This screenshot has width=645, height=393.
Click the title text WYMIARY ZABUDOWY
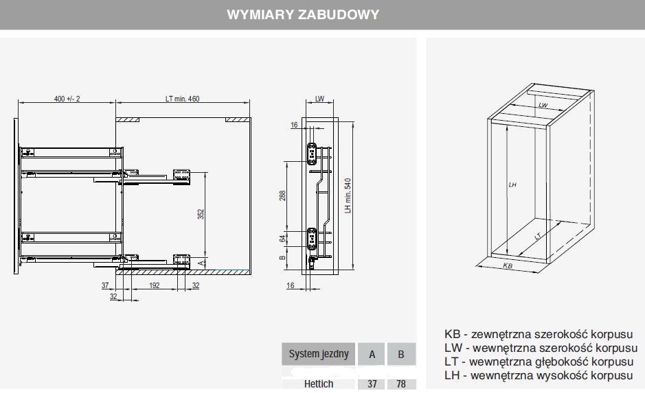(303, 14)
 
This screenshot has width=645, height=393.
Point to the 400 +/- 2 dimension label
(67, 99)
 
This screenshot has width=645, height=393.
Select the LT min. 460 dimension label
(182, 99)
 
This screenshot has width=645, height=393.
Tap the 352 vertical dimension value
(201, 214)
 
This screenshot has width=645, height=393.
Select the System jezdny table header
(319, 355)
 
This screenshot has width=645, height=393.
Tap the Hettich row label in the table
(319, 385)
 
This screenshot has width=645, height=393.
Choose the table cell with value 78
(401, 385)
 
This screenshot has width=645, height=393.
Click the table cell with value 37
(372, 385)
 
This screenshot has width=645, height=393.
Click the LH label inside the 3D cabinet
(512, 185)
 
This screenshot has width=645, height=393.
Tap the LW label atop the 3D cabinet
(543, 105)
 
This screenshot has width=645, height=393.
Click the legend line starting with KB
(539, 335)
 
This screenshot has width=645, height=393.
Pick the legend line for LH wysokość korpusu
(539, 376)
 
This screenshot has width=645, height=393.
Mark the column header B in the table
(401, 355)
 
